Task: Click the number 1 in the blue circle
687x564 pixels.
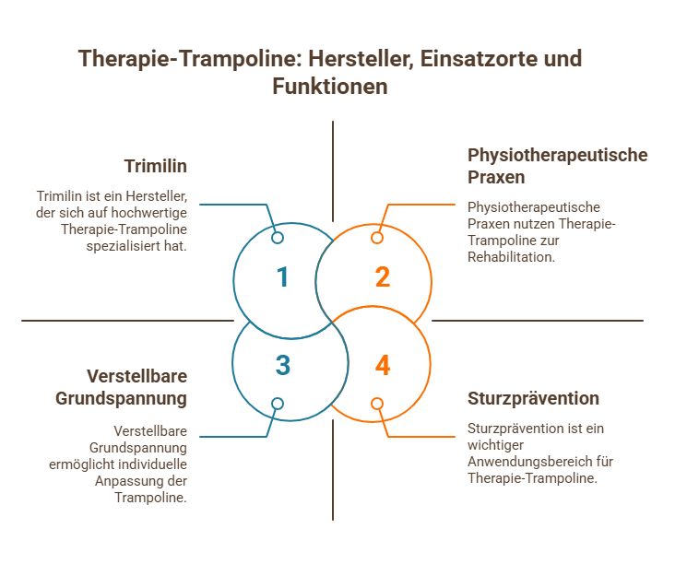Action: [282, 277]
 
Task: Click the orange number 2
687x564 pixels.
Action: [382, 277]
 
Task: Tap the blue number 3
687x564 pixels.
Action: [282, 366]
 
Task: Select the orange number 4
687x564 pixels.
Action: [382, 366]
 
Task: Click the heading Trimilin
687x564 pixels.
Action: [156, 167]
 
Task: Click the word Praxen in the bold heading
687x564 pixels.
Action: [496, 177]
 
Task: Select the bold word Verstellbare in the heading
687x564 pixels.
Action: [136, 377]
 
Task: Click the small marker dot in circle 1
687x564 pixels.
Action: [277, 238]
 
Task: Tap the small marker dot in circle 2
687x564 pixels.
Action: [376, 238]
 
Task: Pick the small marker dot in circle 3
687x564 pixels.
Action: [277, 403]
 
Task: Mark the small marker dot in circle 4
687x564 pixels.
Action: [376, 403]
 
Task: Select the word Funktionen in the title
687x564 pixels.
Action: [329, 87]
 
